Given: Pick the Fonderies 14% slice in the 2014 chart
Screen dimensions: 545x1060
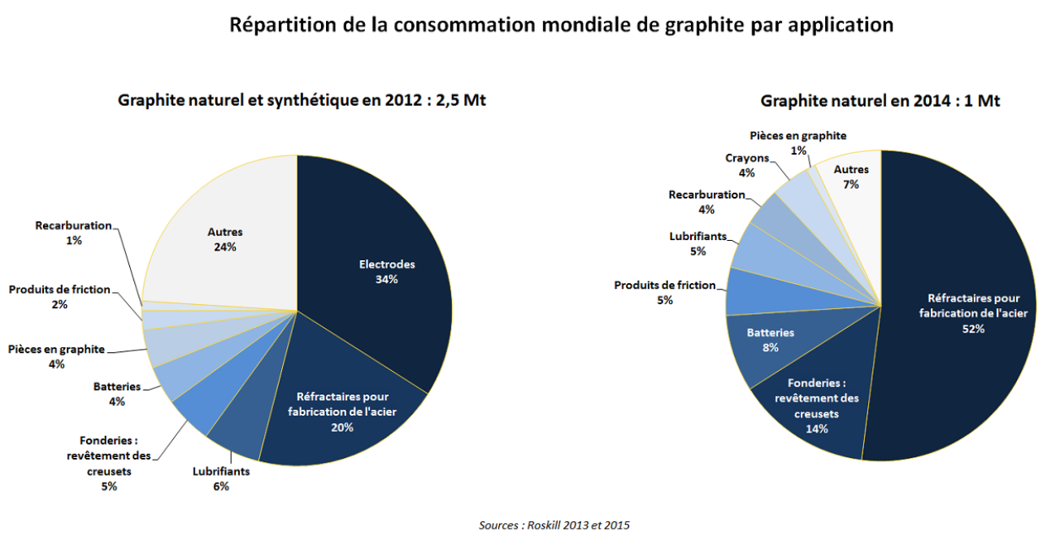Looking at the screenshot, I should pos(821,407).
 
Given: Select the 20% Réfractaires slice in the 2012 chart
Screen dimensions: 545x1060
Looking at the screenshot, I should pos(341,407).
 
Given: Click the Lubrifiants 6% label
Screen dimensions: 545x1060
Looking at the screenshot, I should pos(221,478).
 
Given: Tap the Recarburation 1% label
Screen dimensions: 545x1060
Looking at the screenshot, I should pos(73,232).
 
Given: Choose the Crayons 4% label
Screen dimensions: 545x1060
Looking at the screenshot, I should pos(746,165).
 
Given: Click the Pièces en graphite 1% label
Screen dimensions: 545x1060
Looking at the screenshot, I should pos(797,142).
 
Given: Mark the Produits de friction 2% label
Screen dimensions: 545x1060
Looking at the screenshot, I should pos(59,297).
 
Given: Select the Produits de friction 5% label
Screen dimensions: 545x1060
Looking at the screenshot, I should pos(665,292).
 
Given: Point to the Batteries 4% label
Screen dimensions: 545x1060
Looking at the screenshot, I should pos(117,394).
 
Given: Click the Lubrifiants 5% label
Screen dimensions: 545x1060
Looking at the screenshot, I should pos(697,243).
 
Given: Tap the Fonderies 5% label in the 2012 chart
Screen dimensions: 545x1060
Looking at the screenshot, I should pos(109,463).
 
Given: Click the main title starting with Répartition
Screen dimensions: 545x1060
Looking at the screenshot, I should pos(561,24).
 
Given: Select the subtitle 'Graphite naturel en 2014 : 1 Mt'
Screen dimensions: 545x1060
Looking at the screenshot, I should pos(880,101).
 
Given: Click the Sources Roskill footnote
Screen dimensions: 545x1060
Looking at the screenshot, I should pos(554,525).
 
